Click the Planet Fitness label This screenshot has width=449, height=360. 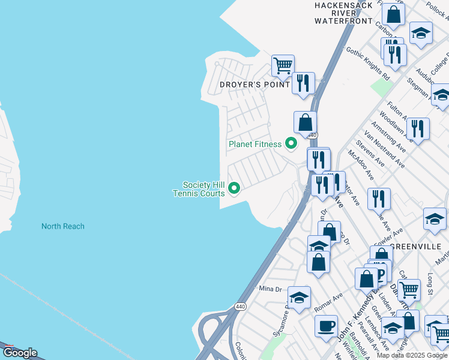tap(255, 144)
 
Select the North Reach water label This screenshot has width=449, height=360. tap(62, 226)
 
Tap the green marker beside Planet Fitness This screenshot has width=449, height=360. tap(291, 143)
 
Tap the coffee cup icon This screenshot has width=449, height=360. tap(326, 326)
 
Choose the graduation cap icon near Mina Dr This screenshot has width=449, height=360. tap(299, 296)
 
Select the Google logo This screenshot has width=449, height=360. tap(19, 353)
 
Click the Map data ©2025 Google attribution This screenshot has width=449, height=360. tap(412, 355)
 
